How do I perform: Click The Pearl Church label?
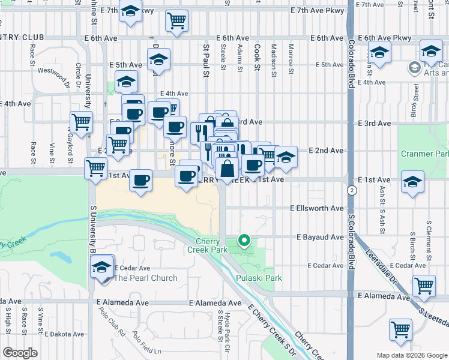tap(146, 278)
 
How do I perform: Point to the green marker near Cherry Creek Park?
tap(244, 241)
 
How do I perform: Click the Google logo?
tap(20, 353)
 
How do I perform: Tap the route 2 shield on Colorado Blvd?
tap(351, 190)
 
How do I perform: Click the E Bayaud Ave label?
tap(320, 238)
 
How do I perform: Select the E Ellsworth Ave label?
tap(316, 208)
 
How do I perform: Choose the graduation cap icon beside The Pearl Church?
tap(103, 266)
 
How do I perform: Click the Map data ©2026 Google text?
tap(411, 355)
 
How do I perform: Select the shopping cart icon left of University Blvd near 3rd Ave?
tap(81, 121)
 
